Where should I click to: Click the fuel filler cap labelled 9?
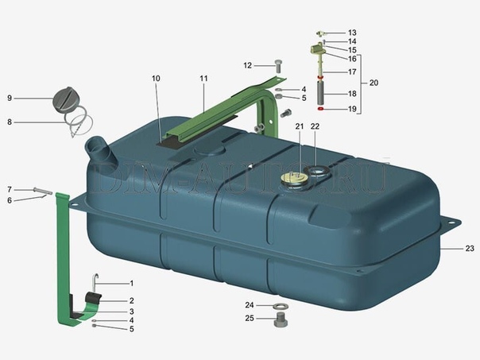(64, 99)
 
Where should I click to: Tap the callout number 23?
(470, 248)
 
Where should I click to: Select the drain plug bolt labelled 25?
(281, 320)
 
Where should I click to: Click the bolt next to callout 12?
(279, 66)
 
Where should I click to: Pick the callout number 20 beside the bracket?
(374, 83)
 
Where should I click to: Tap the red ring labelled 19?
(320, 109)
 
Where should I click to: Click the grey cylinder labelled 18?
(320, 93)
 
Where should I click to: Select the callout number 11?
(203, 79)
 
